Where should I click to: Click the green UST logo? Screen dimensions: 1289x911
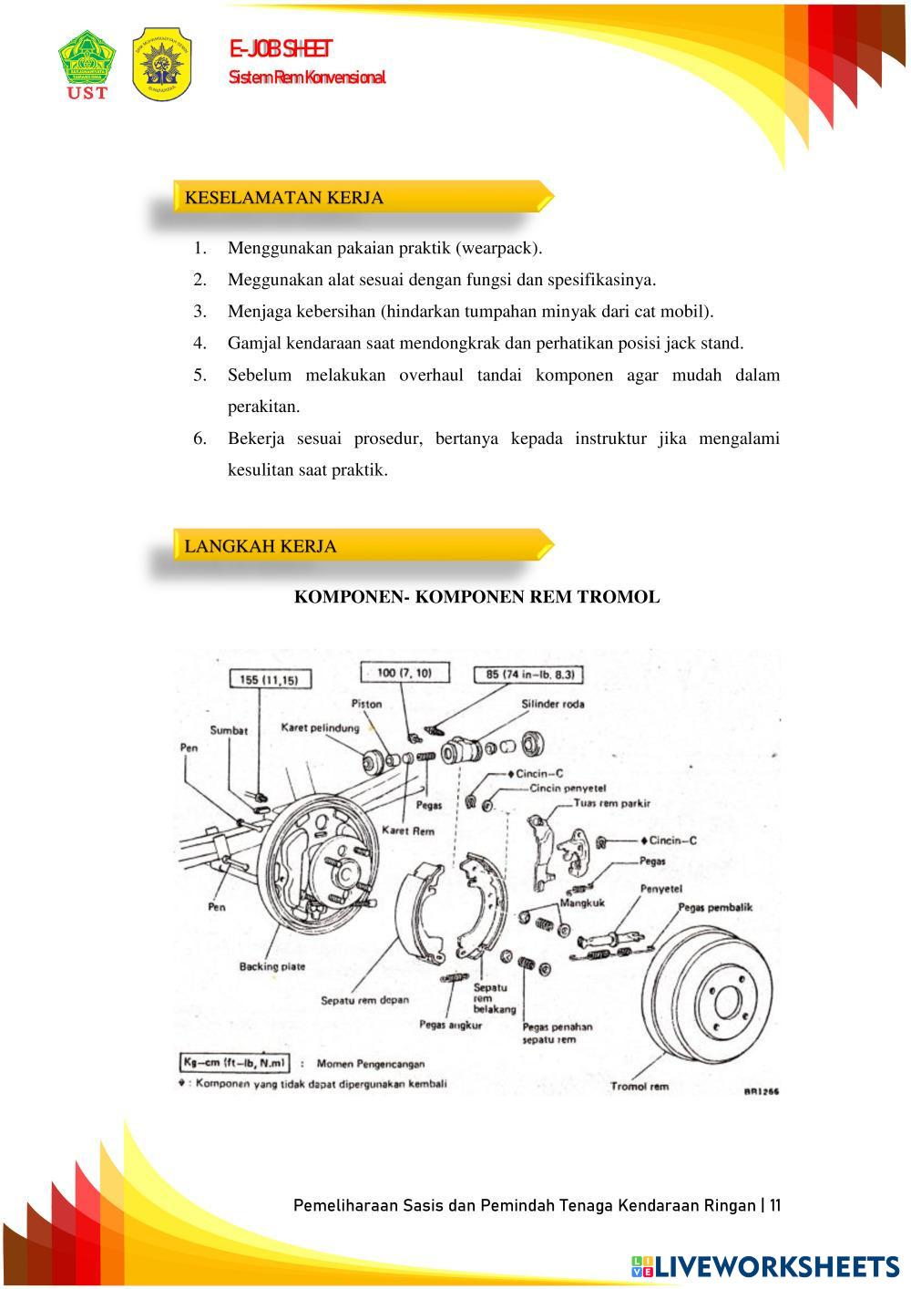[87, 64]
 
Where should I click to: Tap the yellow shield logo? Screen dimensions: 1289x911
[162, 62]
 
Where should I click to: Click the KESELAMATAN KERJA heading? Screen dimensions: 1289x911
[283, 197]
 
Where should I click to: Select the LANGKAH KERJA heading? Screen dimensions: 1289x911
[261, 546]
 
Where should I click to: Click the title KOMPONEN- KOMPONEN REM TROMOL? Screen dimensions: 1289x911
[476, 597]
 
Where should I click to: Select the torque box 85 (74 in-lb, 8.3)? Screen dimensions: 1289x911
[528, 675]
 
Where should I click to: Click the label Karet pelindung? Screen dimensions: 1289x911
[319, 727]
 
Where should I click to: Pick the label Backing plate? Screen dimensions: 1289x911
[271, 966]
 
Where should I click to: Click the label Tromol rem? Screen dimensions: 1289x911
[639, 1086]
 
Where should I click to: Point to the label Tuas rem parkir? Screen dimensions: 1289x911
[612, 803]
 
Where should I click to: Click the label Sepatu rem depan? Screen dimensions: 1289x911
[364, 1000]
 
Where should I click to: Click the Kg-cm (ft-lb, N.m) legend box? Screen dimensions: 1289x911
[235, 1063]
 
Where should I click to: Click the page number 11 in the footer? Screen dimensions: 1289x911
[774, 1205]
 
